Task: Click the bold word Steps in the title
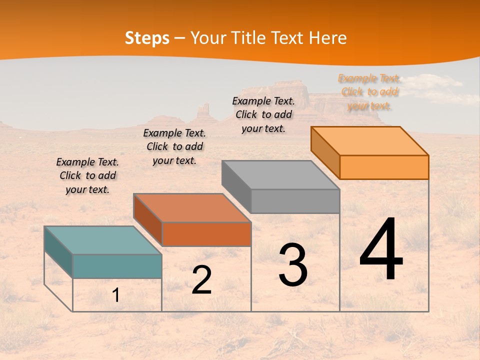[147, 38]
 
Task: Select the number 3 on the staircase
[293, 265]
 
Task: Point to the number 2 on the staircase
[201, 280]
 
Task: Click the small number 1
[116, 295]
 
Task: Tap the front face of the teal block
[117, 266]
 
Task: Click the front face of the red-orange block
[206, 234]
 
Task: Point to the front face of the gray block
[295, 201]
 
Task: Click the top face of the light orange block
[370, 140]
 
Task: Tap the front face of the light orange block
[384, 167]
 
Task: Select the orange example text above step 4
[369, 92]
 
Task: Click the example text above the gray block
[263, 114]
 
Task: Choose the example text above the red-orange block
[174, 146]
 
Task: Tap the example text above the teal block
[87, 175]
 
